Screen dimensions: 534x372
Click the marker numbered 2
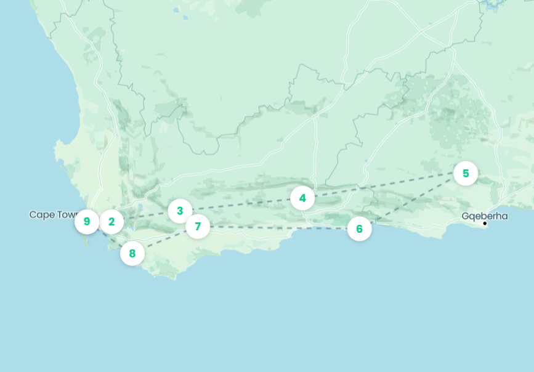tap(111, 222)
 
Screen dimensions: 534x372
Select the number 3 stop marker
tap(180, 211)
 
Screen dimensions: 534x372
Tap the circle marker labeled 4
tap(302, 198)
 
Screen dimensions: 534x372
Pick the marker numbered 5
tap(466, 174)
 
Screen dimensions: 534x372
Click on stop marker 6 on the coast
tap(359, 229)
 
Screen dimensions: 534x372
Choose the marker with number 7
tap(198, 227)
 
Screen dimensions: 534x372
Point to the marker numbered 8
tap(132, 253)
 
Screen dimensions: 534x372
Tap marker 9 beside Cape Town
tap(87, 222)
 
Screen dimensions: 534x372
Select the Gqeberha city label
tap(485, 216)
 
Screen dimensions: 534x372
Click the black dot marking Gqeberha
tap(485, 223)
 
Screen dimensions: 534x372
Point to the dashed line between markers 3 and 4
tap(240, 204)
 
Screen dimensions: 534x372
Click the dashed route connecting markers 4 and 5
tap(382, 186)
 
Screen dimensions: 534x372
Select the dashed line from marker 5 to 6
tap(413, 201)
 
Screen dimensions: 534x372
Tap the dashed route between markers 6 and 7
tap(277, 228)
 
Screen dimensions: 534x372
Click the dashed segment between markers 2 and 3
tap(146, 216)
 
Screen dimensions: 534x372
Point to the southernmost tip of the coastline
tap(175, 278)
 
